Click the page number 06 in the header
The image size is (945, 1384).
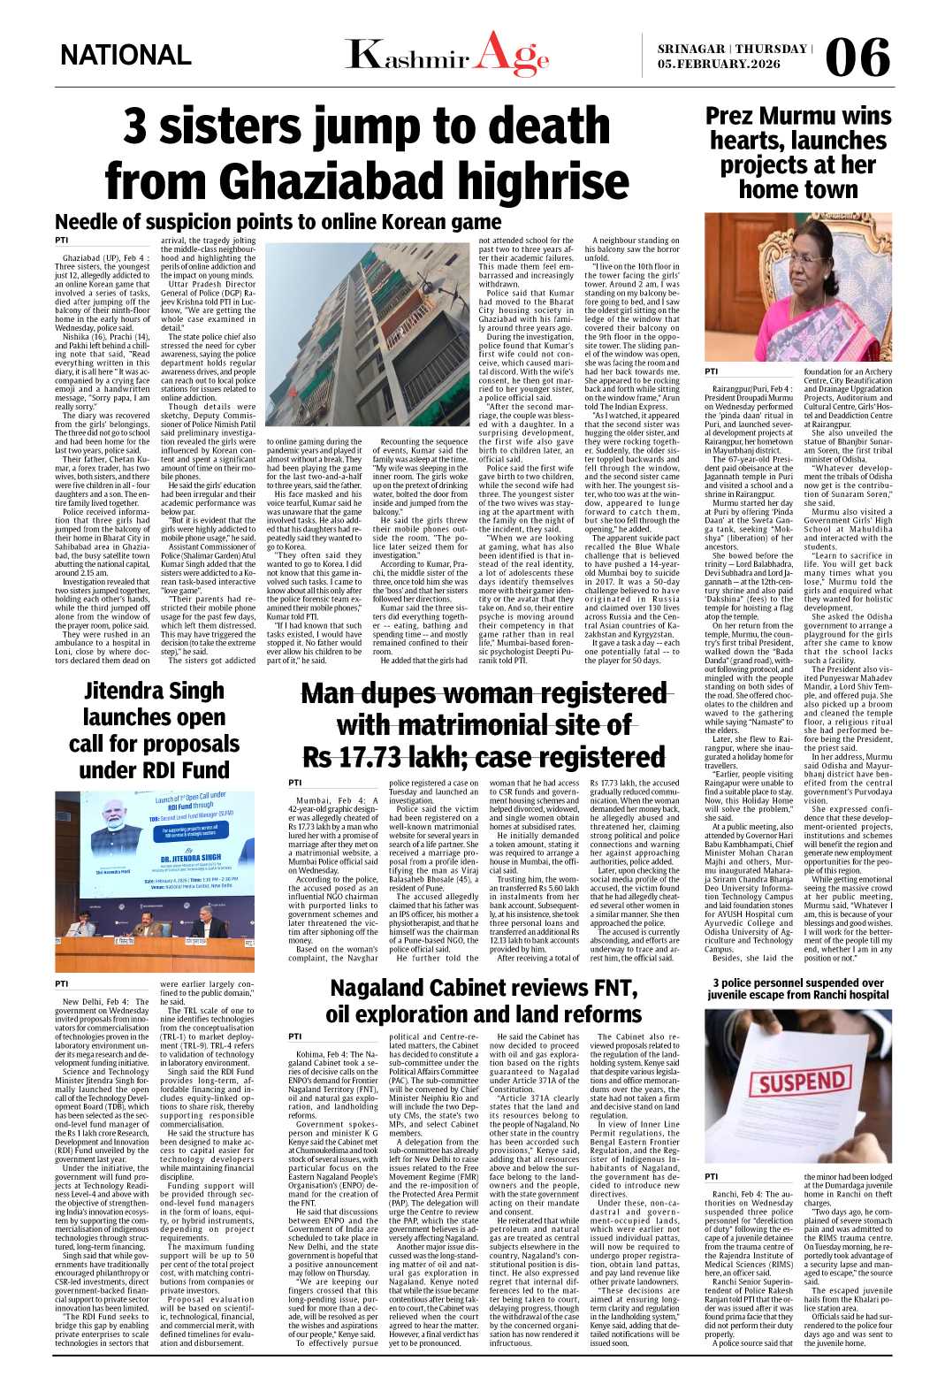pyautogui.click(x=857, y=57)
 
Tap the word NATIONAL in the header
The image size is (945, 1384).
pyautogui.click(x=126, y=56)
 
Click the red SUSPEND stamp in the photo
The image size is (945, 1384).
pyautogui.click(x=802, y=1082)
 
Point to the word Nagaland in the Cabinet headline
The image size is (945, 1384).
pyautogui.click(x=385, y=988)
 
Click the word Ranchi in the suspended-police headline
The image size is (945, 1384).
pyautogui.click(x=832, y=995)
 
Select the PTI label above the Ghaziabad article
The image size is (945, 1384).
pyautogui.click(x=61, y=241)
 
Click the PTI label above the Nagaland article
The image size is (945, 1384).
pyautogui.click(x=295, y=1036)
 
